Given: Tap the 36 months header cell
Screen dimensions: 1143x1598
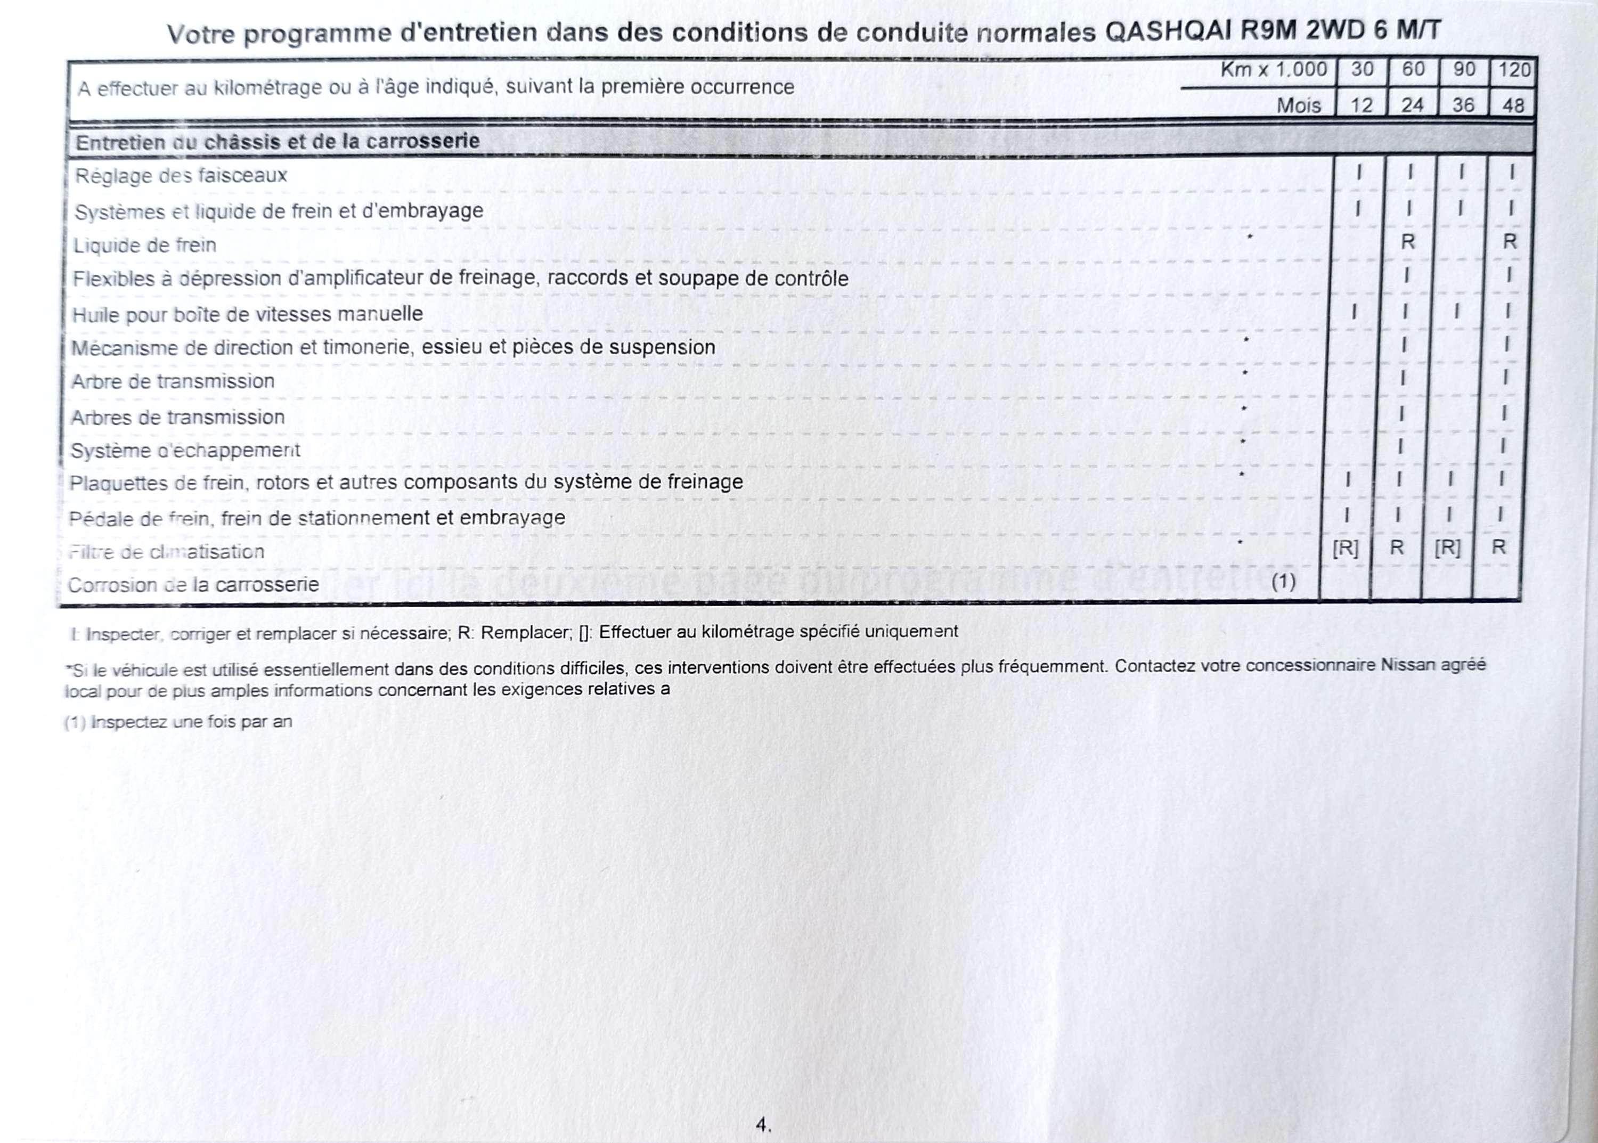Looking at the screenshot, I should coord(1463,105).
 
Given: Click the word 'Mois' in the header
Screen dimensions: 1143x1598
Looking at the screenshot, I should coord(1299,105).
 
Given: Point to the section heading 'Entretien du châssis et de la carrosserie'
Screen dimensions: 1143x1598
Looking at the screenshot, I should coord(278,142).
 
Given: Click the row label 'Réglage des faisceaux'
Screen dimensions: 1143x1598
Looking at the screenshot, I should coord(182,175).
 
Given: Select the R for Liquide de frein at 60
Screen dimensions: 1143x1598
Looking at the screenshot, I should coord(1408,242).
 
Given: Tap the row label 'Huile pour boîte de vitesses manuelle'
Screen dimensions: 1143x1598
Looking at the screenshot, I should coord(247,314).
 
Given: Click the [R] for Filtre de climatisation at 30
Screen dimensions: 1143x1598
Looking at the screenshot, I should coord(1346,548).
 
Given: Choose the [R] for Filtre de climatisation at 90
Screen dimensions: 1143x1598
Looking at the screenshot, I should coord(1447,548).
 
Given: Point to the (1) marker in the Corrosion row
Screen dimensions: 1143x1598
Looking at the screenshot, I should coord(1283,582).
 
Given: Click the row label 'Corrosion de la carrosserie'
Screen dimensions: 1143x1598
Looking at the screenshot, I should coord(193,585).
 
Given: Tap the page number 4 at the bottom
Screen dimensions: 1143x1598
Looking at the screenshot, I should coord(762,1124).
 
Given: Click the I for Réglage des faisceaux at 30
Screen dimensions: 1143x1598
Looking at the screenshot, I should coord(1359,173).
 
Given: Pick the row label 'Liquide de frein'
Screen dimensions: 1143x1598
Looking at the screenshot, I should coord(144,246).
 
